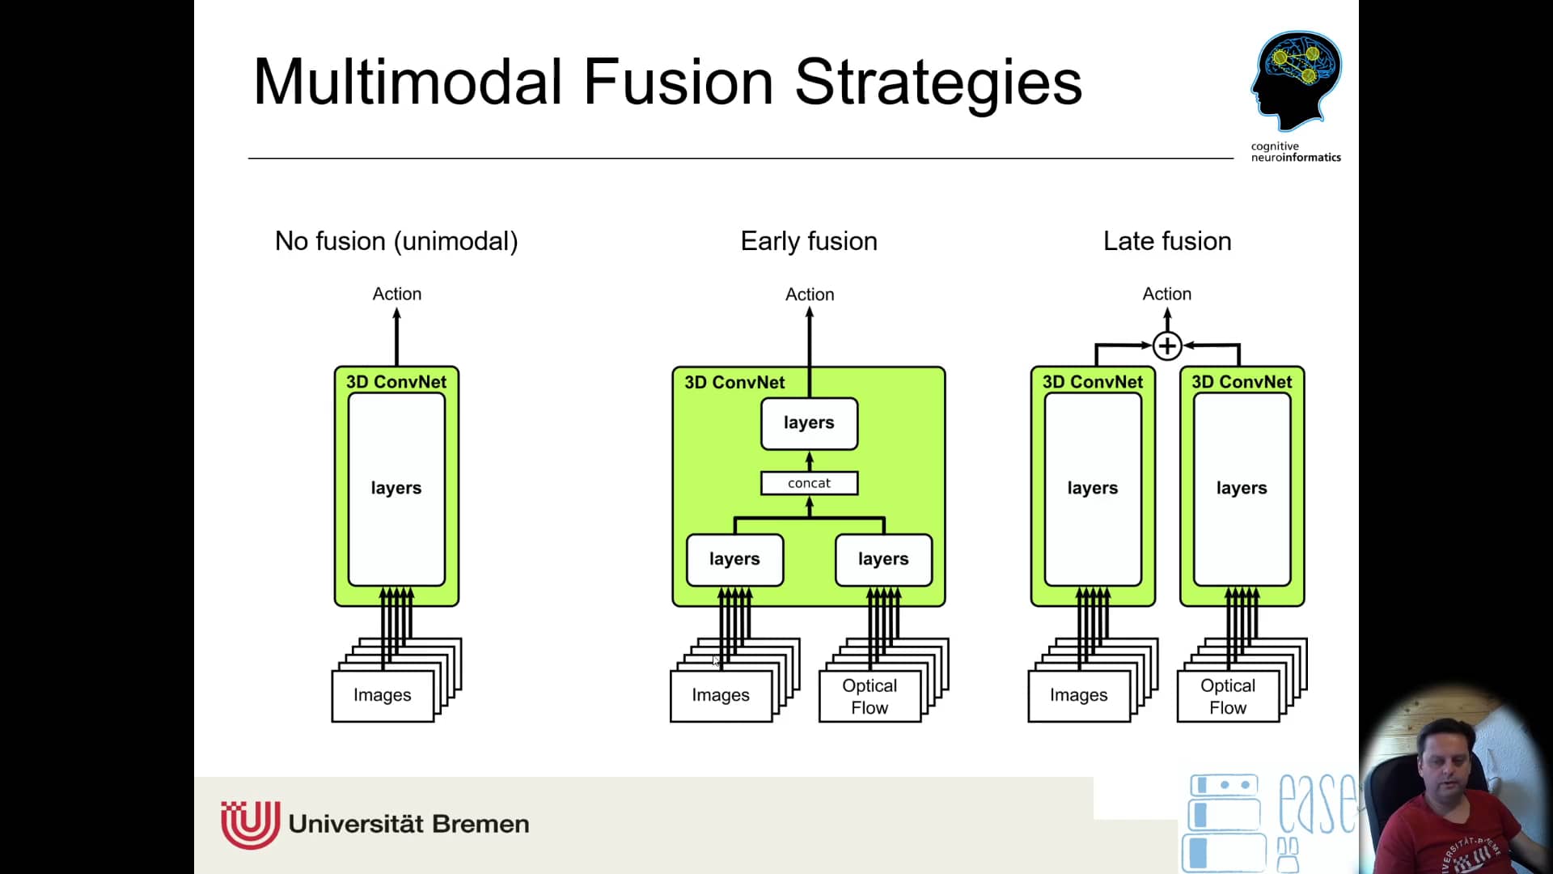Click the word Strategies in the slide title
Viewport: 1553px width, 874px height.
(x=938, y=83)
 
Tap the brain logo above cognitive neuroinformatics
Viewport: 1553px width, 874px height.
(x=1296, y=79)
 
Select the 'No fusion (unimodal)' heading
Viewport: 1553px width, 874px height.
(x=396, y=241)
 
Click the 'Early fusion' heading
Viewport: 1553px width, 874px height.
(x=809, y=241)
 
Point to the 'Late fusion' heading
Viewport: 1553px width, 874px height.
(x=1167, y=241)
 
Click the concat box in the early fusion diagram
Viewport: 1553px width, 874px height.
(x=809, y=483)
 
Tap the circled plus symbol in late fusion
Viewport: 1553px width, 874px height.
(x=1167, y=346)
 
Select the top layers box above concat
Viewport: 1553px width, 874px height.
(x=809, y=423)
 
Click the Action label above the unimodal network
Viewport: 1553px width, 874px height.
(x=396, y=294)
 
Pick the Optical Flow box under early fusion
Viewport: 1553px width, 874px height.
(x=870, y=696)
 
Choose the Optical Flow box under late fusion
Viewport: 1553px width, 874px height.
(x=1228, y=696)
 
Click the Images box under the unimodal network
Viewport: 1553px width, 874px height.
(x=383, y=695)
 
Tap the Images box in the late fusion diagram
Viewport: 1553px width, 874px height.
(x=1079, y=695)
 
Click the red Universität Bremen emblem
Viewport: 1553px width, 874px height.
(x=251, y=824)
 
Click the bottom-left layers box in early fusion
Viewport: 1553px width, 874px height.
(x=734, y=559)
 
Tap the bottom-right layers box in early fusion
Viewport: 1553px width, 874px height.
(x=883, y=559)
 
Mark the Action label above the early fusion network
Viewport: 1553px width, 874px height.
(x=810, y=295)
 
